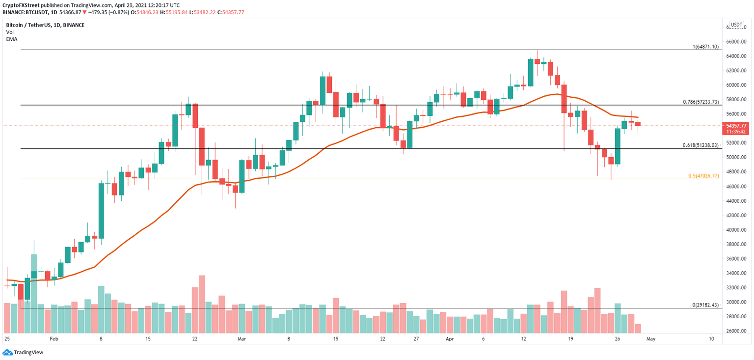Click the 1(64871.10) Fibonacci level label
click(705, 47)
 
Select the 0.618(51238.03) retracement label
click(701, 145)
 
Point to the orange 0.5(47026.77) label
click(703, 175)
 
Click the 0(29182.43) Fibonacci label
click(705, 305)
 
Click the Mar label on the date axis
click(242, 339)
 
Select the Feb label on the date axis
click(54, 339)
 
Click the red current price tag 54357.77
click(737, 126)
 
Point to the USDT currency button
click(736, 25)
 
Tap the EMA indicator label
click(12, 39)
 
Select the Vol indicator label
click(10, 32)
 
